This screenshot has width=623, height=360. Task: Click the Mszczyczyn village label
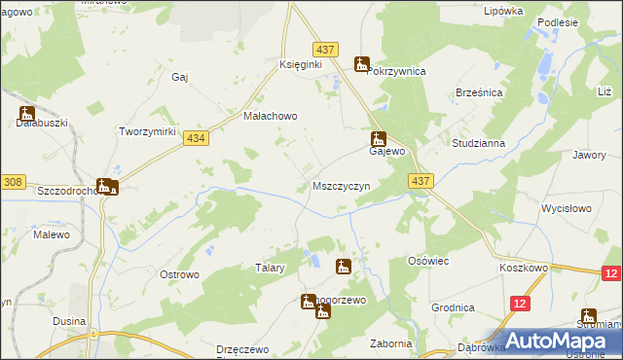[x=341, y=185]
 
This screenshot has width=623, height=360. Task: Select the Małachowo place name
[x=270, y=115]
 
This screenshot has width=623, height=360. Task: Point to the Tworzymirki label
[x=146, y=131]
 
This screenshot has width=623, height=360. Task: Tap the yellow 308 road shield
[x=13, y=181]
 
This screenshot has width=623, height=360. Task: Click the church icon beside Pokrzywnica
[x=362, y=65]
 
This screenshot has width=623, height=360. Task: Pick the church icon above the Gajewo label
[x=379, y=139]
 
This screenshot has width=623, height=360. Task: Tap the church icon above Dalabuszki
[x=26, y=113]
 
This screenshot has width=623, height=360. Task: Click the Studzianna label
[x=478, y=143]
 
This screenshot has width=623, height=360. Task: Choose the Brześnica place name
[x=478, y=91]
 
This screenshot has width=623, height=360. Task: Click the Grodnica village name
[x=455, y=307]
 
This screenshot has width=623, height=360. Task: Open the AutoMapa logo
[x=556, y=340]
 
